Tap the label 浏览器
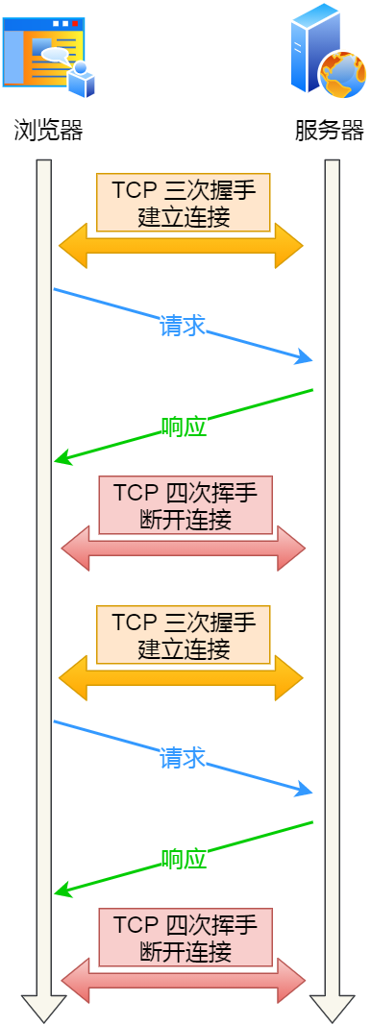[48, 131]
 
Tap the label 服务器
[330, 131]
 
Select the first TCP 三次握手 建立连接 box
[183, 202]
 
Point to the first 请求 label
[183, 326]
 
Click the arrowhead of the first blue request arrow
[307, 360]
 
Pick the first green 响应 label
[184, 427]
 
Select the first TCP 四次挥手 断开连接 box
[185, 505]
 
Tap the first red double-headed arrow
[183, 549]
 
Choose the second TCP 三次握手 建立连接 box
[183, 634]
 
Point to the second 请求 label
[183, 758]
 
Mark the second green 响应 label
[184, 860]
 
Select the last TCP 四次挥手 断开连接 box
[185, 938]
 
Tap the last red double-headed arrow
[183, 981]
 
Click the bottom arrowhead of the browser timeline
[43, 1009]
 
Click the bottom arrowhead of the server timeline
[333, 1009]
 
